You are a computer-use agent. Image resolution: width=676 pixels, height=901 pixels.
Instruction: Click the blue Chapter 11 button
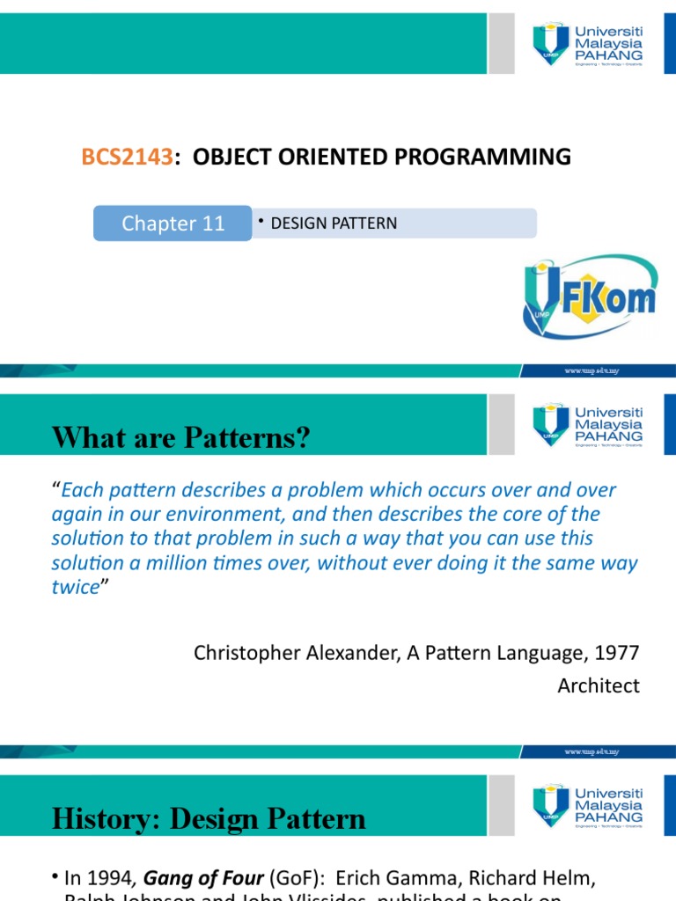[x=173, y=223]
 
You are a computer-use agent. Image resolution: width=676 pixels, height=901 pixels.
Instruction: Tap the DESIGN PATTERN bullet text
[x=334, y=223]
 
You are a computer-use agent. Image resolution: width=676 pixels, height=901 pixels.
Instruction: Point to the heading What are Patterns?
[x=181, y=437]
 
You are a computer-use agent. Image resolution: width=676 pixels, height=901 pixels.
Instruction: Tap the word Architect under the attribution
[x=599, y=685]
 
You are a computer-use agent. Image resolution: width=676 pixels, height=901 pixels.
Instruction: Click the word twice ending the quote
[x=75, y=588]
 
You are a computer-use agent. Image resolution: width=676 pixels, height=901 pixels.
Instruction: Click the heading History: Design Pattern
[x=209, y=819]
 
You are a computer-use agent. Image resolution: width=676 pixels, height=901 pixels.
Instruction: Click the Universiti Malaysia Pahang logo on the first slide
[x=587, y=42]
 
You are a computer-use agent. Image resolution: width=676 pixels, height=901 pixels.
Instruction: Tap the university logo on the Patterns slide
[x=587, y=425]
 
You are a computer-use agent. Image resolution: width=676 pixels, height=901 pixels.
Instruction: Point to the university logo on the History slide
[x=587, y=805]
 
